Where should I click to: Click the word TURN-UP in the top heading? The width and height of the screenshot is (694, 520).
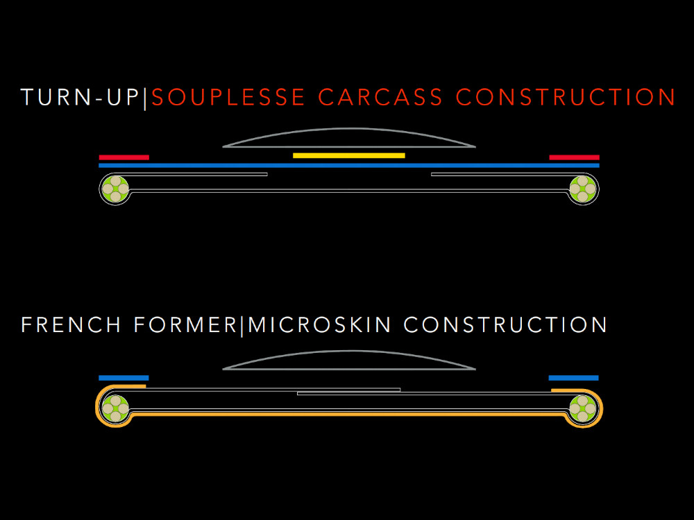click(80, 97)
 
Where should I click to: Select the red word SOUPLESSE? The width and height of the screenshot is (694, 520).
click(228, 97)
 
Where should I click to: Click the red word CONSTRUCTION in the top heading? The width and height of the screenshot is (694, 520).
click(566, 97)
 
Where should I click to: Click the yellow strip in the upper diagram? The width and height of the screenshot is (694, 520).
click(348, 155)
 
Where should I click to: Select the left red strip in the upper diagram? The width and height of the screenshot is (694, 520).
click(124, 157)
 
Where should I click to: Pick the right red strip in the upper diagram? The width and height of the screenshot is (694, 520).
click(574, 157)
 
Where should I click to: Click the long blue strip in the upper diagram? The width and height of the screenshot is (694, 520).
click(348, 165)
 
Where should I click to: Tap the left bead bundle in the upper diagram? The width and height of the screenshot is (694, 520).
click(115, 189)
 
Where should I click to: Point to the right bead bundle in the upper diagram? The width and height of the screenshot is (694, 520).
click(583, 189)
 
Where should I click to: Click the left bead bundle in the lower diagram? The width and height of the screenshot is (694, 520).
click(115, 408)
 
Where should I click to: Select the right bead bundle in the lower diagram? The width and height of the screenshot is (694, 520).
click(583, 408)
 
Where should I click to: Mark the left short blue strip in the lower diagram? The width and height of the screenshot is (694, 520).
click(124, 378)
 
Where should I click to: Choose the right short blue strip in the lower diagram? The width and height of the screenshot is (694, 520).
click(573, 378)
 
